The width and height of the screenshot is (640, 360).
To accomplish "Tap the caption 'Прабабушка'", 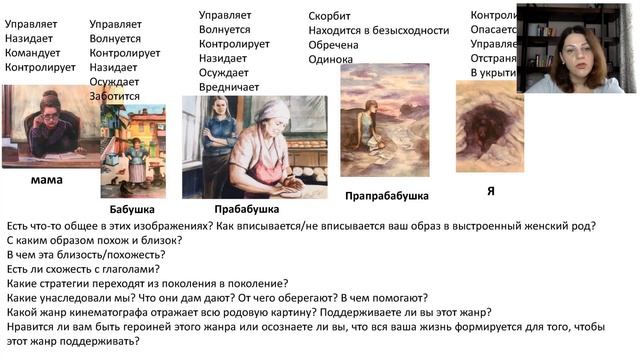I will coord(245,209).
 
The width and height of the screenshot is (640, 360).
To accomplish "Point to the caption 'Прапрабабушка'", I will coord(386,195).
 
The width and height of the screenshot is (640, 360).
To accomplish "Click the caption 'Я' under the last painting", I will coord(490,189).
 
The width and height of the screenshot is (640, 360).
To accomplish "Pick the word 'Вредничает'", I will coord(229,87).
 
